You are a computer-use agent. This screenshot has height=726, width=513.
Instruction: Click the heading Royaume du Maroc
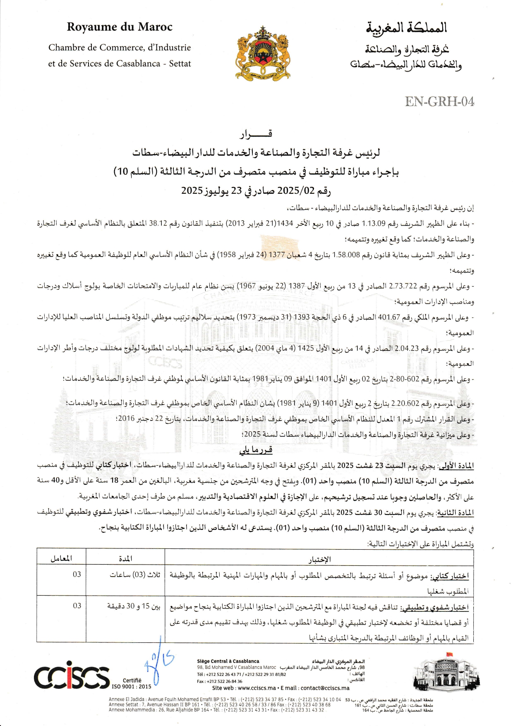click(120, 27)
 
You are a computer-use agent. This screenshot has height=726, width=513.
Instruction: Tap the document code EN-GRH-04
click(439, 101)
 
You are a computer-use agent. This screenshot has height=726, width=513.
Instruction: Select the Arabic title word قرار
click(256, 134)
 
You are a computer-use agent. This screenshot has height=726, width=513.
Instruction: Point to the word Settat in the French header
click(180, 64)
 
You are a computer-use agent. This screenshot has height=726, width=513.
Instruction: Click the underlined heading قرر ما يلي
click(256, 450)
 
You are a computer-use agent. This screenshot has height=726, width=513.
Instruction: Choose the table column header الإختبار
click(319, 559)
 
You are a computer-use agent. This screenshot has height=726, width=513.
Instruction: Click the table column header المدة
click(125, 559)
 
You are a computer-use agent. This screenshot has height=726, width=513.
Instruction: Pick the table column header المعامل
click(61, 559)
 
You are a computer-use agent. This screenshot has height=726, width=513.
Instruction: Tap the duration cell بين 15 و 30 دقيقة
click(134, 606)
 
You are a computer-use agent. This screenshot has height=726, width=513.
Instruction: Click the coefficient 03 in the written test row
click(77, 575)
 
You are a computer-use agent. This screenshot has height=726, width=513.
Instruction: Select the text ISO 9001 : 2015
click(132, 686)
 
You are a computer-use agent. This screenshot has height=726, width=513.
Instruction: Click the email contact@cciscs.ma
click(325, 688)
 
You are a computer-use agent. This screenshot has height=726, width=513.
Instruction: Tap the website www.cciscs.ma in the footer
click(256, 688)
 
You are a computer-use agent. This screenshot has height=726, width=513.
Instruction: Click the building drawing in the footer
click(446, 676)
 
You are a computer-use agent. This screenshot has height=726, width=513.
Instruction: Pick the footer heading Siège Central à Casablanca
click(228, 661)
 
